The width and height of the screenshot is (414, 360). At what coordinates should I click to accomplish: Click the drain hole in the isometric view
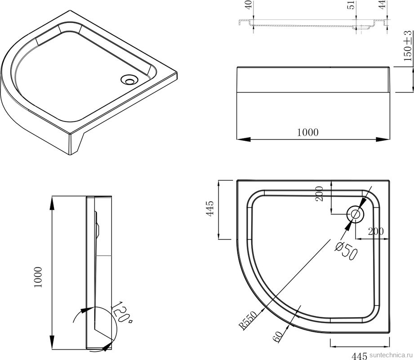pyautogui.click(x=129, y=80)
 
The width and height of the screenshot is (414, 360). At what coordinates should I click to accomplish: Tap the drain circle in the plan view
pyautogui.click(x=356, y=214)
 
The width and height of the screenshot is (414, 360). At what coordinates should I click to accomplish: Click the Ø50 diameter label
pyautogui.click(x=346, y=251)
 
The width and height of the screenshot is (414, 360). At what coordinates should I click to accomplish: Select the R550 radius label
pyautogui.click(x=248, y=320)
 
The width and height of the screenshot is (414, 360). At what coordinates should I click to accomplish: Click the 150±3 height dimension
pyautogui.click(x=408, y=46)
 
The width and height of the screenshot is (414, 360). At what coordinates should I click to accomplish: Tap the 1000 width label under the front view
pyautogui.click(x=308, y=132)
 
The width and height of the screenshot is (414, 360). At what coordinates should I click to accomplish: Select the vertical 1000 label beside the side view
pyautogui.click(x=38, y=277)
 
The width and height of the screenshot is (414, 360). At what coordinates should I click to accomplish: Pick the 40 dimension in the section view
pyautogui.click(x=249, y=5)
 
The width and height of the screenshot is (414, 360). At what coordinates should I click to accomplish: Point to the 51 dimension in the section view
pyautogui.click(x=351, y=5)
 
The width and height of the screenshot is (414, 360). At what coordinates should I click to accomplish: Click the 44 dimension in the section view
pyautogui.click(x=383, y=4)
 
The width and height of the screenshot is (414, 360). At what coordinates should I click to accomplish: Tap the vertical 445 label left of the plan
pyautogui.click(x=210, y=209)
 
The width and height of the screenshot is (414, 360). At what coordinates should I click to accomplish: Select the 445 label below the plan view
pyautogui.click(x=359, y=356)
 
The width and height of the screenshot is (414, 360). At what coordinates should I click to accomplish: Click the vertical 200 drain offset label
pyautogui.click(x=320, y=194)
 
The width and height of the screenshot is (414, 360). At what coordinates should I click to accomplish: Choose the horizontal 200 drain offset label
pyautogui.click(x=376, y=232)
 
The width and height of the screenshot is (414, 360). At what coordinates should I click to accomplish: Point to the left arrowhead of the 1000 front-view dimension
pyautogui.click(x=243, y=139)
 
